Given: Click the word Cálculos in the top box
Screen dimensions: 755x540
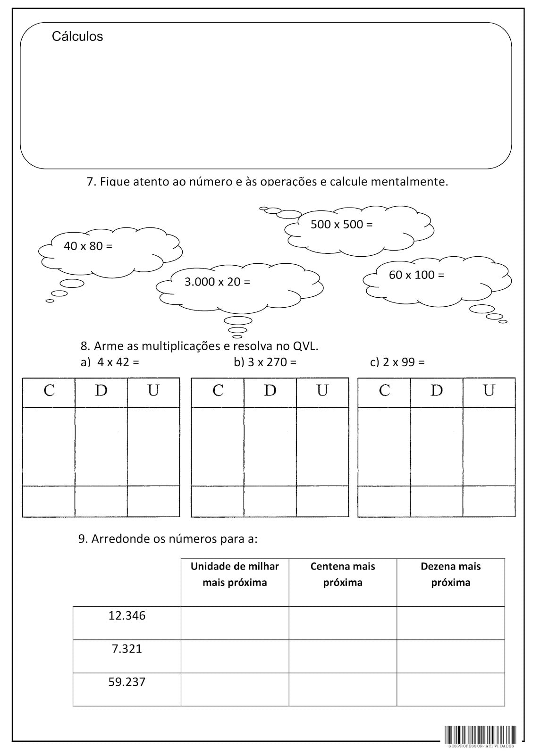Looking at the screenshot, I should click(77, 36).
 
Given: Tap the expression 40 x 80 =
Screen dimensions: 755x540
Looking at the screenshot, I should click(88, 246).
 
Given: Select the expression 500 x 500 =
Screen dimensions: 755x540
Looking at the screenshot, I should click(341, 224).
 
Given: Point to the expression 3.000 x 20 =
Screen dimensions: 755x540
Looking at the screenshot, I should click(217, 282).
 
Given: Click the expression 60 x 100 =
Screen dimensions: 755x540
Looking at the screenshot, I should click(416, 275).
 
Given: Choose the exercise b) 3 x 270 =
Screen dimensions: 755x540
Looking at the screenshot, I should click(265, 362).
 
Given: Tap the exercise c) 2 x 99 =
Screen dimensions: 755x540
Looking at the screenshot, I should click(397, 362).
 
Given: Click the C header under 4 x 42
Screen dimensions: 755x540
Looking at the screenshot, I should click(49, 391).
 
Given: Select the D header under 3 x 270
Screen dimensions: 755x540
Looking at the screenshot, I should click(270, 391).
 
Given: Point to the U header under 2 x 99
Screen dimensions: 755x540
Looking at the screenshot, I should click(489, 391).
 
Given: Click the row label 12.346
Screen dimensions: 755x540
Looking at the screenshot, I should click(127, 615).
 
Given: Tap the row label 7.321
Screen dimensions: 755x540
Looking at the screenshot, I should click(127, 648).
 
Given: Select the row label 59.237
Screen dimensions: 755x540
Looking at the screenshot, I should click(127, 682).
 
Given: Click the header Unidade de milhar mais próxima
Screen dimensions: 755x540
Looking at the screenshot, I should click(235, 574).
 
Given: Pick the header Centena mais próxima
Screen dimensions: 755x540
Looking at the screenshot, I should click(343, 574).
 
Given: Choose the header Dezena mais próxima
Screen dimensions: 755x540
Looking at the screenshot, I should click(451, 574).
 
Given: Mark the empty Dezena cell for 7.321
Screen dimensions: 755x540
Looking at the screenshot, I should click(451, 656).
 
